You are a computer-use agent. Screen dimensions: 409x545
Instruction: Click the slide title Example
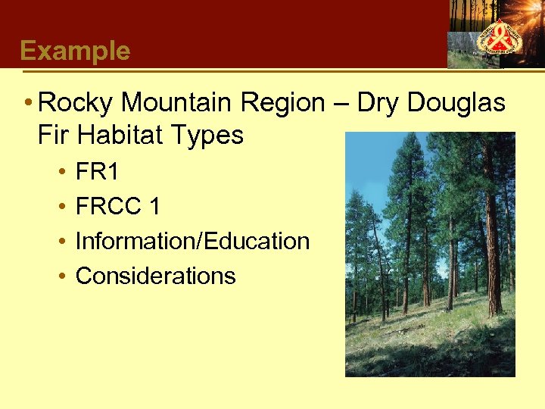[75, 51]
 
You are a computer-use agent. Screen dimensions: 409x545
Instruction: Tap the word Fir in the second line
[52, 136]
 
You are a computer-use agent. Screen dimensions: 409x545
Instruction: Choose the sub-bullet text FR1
[97, 173]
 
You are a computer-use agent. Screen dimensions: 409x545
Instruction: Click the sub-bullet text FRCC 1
[117, 207]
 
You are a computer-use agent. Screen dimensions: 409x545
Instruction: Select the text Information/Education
[192, 242]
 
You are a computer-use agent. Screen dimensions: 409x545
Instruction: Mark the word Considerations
[155, 276]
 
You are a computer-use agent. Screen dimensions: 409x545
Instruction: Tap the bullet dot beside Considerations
[61, 276]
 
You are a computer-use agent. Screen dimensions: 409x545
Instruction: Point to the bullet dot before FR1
[61, 173]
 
